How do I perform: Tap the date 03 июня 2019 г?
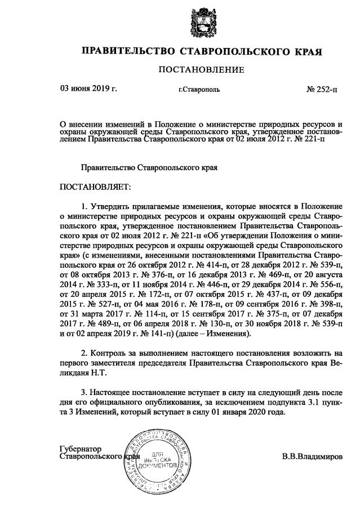click(x=88, y=88)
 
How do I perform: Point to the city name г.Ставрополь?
click(x=199, y=89)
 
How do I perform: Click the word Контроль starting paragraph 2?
click(x=109, y=352)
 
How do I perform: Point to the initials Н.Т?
click(x=97, y=372)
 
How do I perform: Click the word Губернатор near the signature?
click(x=80, y=448)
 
